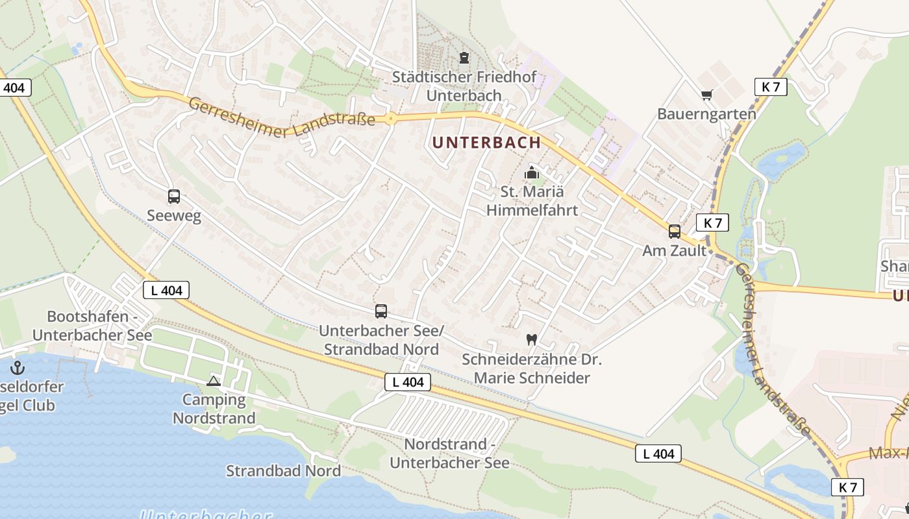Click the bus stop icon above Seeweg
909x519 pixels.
pyautogui.click(x=173, y=196)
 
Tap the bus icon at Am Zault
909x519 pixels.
pyautogui.click(x=675, y=231)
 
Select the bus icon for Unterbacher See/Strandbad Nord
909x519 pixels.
pyautogui.click(x=381, y=311)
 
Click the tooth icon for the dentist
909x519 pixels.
pyautogui.click(x=531, y=339)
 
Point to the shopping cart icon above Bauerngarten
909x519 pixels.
pyautogui.click(x=707, y=95)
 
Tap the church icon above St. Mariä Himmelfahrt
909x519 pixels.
pyautogui.click(x=532, y=173)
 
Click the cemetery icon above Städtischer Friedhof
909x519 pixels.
pyautogui.click(x=464, y=58)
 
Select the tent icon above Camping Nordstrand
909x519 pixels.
pyautogui.click(x=214, y=381)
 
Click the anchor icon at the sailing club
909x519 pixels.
pyautogui.click(x=18, y=368)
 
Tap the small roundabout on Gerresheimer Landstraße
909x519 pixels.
pyautogui.click(x=390, y=119)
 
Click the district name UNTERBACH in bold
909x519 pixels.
pyautogui.click(x=486, y=142)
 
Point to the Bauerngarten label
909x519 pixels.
pyautogui.click(x=706, y=114)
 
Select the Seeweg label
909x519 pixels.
pyautogui.click(x=173, y=215)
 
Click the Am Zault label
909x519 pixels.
pyautogui.click(x=674, y=250)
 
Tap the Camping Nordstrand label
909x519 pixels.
pyautogui.click(x=214, y=409)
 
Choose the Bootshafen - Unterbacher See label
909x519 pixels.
pyautogui.click(x=92, y=326)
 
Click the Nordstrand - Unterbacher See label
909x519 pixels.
pyautogui.click(x=449, y=453)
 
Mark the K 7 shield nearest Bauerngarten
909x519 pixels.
pyautogui.click(x=771, y=87)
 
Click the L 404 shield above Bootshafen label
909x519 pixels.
pyautogui.click(x=166, y=290)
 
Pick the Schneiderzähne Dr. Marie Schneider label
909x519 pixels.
pyautogui.click(x=531, y=368)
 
